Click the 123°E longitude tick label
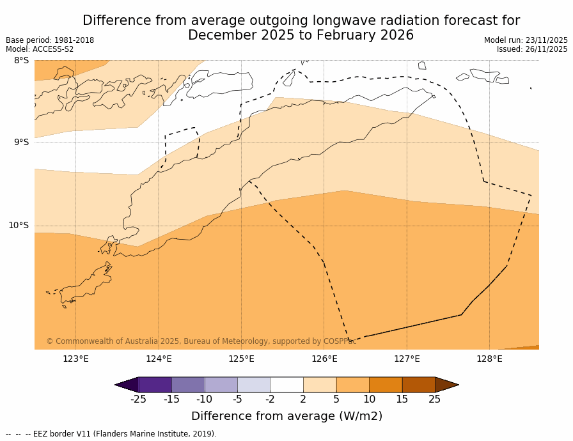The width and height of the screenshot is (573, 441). (75, 359)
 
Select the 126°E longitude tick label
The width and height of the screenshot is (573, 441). (324, 359)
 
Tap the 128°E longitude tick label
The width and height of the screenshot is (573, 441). (489, 359)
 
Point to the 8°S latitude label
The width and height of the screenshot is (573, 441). (21, 61)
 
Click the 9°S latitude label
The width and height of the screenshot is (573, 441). (21, 143)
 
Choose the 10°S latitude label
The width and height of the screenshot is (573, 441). (19, 225)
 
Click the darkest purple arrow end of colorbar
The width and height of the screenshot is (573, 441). (127, 385)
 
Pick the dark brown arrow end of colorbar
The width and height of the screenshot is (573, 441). (446, 385)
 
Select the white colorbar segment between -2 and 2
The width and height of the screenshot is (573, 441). (286, 385)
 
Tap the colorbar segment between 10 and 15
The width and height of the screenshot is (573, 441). (386, 385)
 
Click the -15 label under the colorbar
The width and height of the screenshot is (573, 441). (171, 400)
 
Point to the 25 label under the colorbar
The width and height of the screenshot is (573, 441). (435, 400)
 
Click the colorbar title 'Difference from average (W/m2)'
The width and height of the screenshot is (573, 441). (286, 416)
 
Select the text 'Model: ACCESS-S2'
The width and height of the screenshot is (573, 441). (40, 49)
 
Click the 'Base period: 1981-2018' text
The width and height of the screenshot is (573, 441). (50, 40)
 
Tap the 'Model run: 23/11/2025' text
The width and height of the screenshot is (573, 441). (526, 40)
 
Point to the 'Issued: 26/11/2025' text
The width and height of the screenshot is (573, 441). (532, 49)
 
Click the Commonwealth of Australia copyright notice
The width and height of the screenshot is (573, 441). (201, 341)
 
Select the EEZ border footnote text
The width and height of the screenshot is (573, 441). (111, 434)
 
